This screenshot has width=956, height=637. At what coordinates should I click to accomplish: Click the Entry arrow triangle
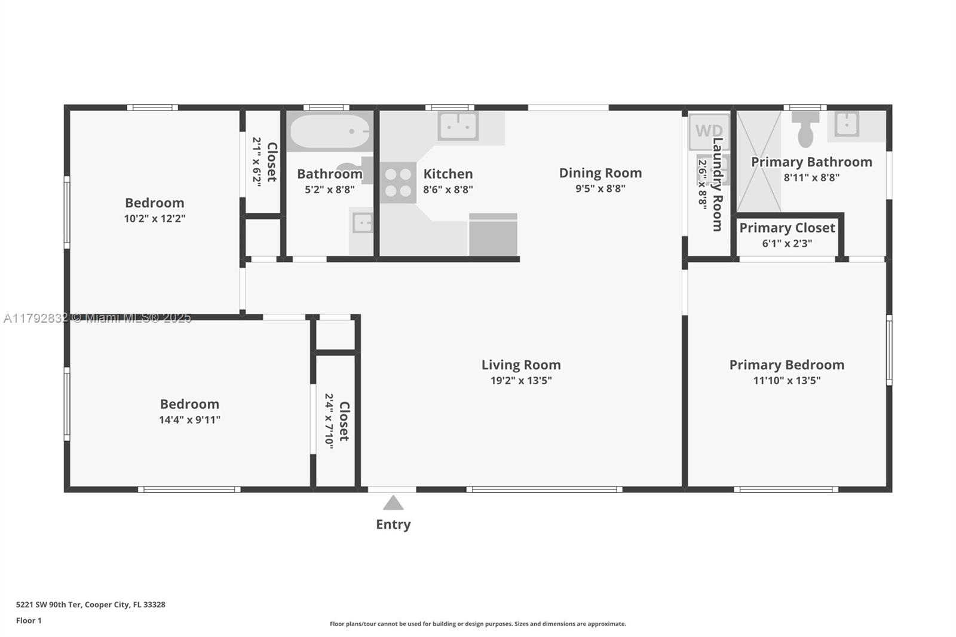pyautogui.click(x=393, y=503)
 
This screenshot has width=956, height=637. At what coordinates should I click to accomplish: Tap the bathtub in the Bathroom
pyautogui.click(x=329, y=131)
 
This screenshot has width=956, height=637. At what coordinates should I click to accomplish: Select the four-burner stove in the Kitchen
pyautogui.click(x=398, y=182)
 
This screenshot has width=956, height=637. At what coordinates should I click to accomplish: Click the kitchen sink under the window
pyautogui.click(x=458, y=125)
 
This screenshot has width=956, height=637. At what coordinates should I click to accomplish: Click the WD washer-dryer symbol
pyautogui.click(x=709, y=131)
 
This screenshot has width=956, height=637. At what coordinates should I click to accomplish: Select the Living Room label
pyautogui.click(x=521, y=365)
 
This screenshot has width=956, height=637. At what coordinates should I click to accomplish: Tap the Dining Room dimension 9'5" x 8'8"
pyautogui.click(x=600, y=188)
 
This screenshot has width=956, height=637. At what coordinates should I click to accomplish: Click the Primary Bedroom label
pyautogui.click(x=786, y=365)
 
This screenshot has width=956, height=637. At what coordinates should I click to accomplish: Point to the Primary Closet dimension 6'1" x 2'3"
pyautogui.click(x=787, y=243)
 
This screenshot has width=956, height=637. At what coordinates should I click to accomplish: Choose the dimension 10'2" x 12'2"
pyautogui.click(x=155, y=219)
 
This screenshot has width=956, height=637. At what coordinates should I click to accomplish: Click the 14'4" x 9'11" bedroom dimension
pyautogui.click(x=189, y=419)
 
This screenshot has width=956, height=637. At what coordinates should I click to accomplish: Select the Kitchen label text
pyautogui.click(x=448, y=174)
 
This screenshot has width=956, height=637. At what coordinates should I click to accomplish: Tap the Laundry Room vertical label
pyautogui.click(x=718, y=185)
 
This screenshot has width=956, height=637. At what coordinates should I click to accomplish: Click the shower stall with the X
pyautogui.click(x=759, y=161)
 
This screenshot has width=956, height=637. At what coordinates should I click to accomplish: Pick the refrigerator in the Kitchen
pyautogui.click(x=494, y=234)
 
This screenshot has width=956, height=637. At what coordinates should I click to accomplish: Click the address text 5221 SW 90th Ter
pyautogui.click(x=48, y=605)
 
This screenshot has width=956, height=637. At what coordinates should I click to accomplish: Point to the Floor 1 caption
pyautogui.click(x=29, y=621)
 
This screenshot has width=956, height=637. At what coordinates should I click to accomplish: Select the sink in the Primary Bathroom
pyautogui.click(x=846, y=124)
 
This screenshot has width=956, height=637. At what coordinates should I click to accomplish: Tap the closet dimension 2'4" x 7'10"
pyautogui.click(x=329, y=421)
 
